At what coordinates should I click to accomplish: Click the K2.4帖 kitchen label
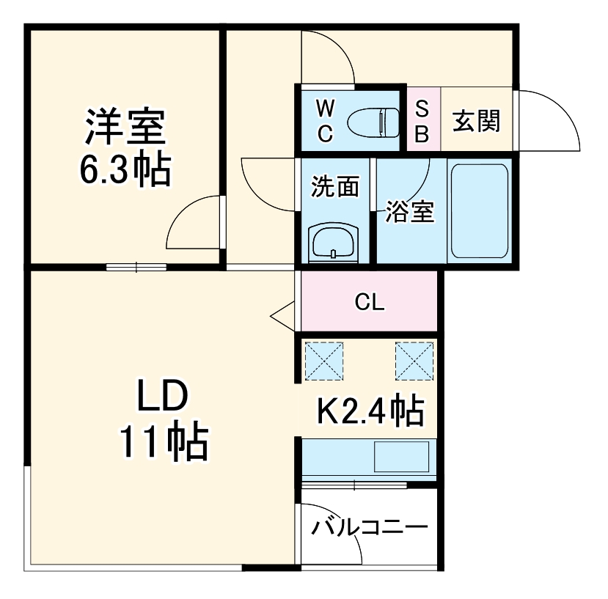370,411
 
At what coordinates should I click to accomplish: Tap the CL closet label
369,302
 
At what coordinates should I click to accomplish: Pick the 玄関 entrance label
475,121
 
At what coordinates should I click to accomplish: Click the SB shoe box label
423,121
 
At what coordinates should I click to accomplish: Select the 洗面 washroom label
334,186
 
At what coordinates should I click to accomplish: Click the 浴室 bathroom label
410,211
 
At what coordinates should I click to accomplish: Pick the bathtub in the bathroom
478,210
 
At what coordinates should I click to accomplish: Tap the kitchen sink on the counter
401,457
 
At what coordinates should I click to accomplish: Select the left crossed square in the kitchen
323,361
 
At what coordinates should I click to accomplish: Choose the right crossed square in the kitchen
414,361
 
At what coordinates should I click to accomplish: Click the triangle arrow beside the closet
283,315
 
